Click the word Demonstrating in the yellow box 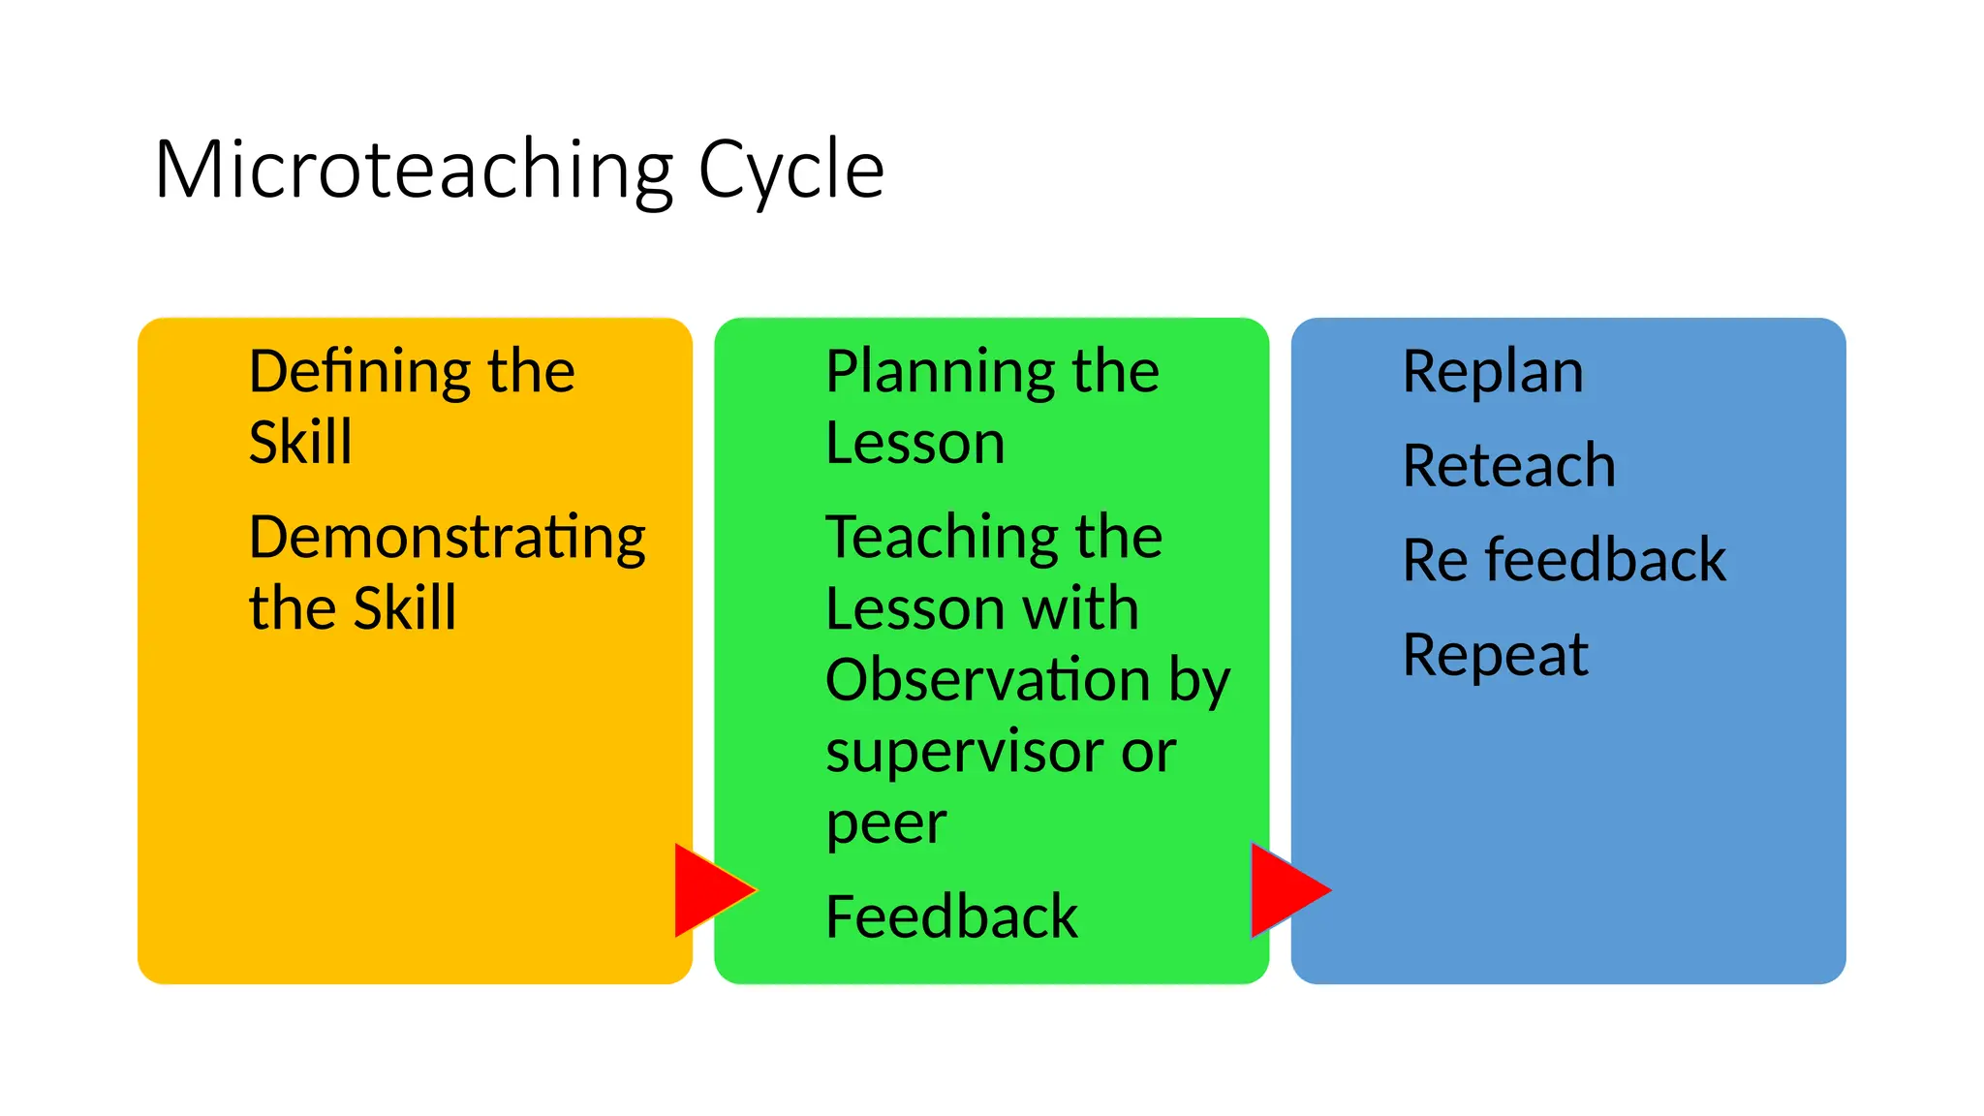coord(447,539)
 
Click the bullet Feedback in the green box coord(951,916)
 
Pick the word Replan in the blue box coord(1493,371)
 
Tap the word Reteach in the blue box coord(1508,465)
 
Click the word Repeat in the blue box coord(1495,656)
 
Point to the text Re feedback coord(1564,560)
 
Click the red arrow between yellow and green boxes coord(711,889)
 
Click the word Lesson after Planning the coord(914,444)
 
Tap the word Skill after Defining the coord(300,443)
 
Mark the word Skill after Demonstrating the coord(404,609)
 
